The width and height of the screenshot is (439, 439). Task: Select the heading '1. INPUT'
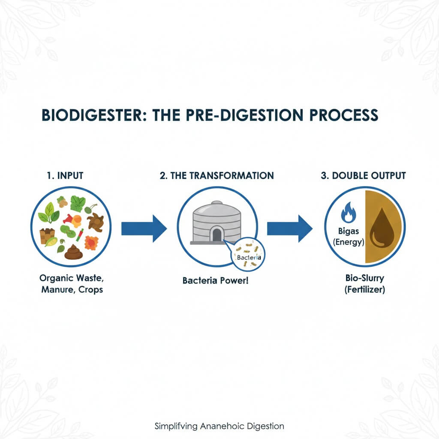[x=66, y=176]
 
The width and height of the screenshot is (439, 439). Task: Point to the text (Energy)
[x=348, y=243]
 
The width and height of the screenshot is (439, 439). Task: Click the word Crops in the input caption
[x=90, y=290]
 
